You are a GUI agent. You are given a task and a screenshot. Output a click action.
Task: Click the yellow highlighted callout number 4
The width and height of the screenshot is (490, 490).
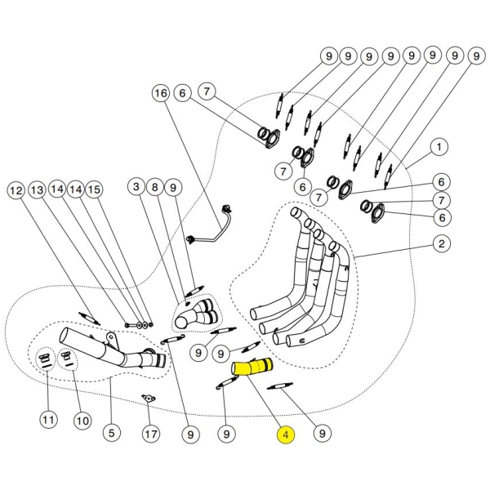(x=285, y=435)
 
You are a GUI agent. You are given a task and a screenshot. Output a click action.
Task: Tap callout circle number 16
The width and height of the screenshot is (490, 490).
(x=161, y=94)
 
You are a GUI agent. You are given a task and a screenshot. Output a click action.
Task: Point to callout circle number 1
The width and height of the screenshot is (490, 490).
(x=439, y=147)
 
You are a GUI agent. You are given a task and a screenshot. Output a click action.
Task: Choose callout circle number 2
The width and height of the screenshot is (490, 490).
(x=441, y=243)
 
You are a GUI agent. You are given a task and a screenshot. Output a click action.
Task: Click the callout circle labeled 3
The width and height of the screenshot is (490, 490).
(x=136, y=188)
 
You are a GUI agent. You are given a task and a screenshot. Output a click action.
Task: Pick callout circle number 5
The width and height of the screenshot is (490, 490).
(x=111, y=433)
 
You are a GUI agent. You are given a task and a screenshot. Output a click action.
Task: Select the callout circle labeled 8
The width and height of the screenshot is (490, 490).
(x=155, y=188)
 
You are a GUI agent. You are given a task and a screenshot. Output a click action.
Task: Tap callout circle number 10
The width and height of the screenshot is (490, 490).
(x=82, y=421)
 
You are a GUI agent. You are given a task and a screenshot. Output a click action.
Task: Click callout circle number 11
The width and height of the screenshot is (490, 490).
(x=48, y=421)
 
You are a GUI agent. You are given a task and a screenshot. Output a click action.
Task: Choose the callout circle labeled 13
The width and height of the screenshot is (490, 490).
(x=37, y=189)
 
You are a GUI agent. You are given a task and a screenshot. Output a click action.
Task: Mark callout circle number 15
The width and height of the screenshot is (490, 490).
(x=94, y=189)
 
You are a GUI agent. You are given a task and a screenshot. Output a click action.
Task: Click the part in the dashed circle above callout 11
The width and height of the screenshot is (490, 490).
(x=46, y=360)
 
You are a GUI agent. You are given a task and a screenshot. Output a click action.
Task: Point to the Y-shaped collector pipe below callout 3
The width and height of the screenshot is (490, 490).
(x=196, y=314)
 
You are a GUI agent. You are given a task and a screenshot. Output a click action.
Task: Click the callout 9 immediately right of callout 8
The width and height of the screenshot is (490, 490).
(x=174, y=188)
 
